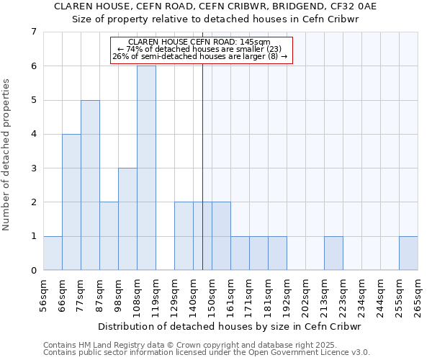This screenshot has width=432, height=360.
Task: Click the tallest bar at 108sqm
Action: [x=146, y=168]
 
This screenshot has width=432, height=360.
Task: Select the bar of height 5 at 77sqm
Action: [x=90, y=185]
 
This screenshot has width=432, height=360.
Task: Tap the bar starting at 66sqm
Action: [x=71, y=202]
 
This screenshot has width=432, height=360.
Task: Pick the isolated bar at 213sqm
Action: [x=333, y=253]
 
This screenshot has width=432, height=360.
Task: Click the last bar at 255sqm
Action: [x=408, y=253]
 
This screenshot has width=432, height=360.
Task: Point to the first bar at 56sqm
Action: [x=53, y=253]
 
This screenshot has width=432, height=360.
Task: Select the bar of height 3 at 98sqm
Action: [x=127, y=219]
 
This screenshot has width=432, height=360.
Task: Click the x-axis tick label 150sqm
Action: [x=212, y=295]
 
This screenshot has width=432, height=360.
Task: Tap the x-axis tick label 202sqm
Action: [x=305, y=295]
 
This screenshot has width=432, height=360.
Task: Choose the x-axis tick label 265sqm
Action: [x=418, y=295]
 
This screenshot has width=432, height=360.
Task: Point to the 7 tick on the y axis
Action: [x=33, y=32]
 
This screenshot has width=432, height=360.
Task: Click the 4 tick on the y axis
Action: [x=33, y=134]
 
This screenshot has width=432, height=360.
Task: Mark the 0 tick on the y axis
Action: [x=33, y=271]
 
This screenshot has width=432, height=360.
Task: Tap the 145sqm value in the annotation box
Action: [x=256, y=42]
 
